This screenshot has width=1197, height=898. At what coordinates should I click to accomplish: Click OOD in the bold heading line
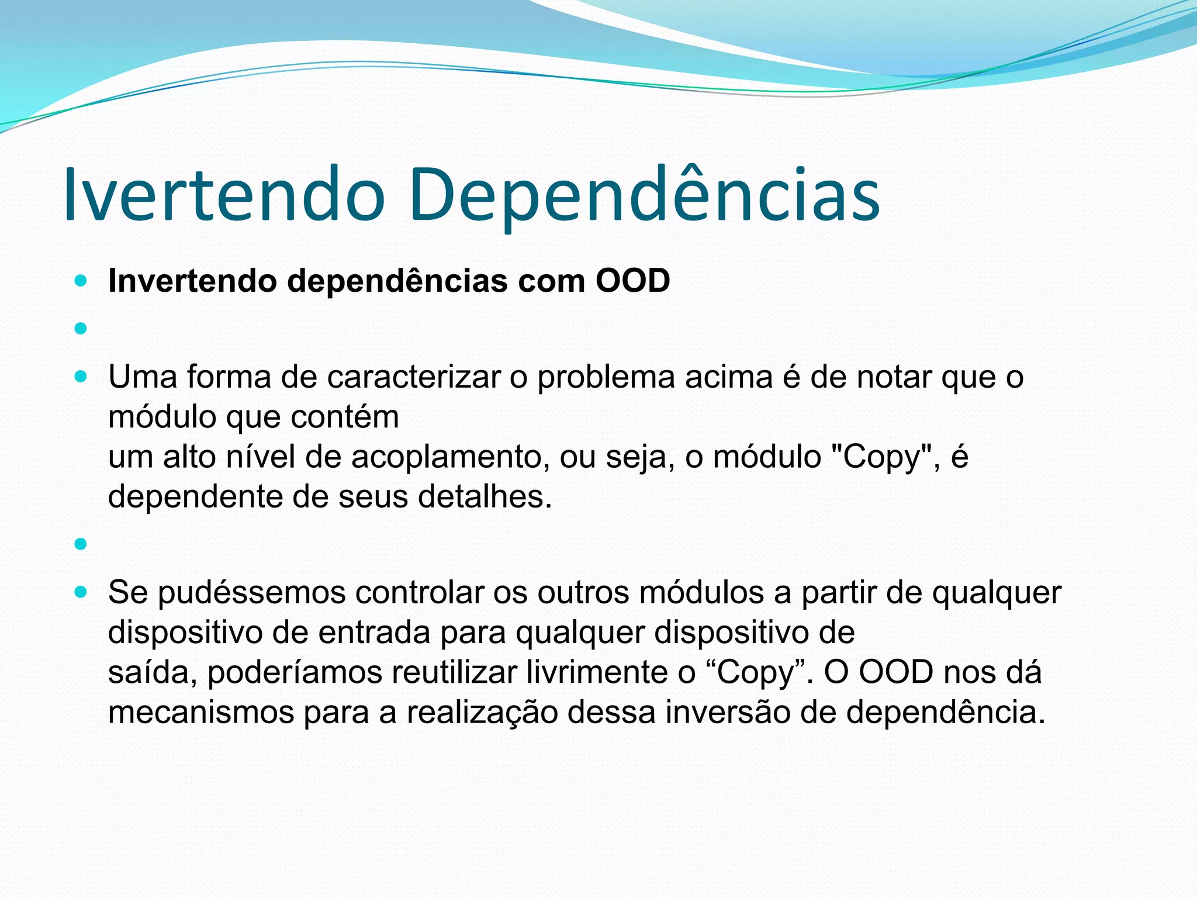coord(632,281)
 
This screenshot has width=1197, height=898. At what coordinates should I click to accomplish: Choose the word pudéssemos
coord(251,592)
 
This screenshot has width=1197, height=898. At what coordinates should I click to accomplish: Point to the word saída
coord(153,672)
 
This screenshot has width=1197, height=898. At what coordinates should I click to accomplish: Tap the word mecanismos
coord(201,712)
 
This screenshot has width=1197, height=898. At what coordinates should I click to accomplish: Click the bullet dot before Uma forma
coord(81,377)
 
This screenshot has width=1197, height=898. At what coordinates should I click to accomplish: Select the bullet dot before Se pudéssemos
coord(81,592)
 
